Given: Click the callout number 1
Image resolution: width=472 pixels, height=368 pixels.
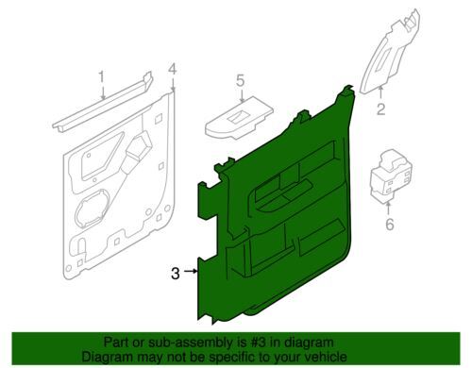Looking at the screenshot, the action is [x=101, y=77].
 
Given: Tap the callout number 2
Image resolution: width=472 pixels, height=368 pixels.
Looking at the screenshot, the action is [x=380, y=109].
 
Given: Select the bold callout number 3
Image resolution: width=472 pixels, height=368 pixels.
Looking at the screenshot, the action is [x=176, y=274].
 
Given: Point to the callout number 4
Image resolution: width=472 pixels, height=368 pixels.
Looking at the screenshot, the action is [x=173, y=70].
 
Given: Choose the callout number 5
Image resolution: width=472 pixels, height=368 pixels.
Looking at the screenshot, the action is [x=240, y=80].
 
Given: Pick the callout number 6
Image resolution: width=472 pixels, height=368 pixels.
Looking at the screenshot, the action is [x=390, y=225].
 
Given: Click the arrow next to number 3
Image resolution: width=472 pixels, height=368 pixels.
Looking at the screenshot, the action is [x=191, y=271].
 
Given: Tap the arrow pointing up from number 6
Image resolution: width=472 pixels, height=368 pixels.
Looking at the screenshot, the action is [x=388, y=209].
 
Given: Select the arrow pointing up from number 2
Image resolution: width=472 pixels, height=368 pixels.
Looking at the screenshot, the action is [x=380, y=93].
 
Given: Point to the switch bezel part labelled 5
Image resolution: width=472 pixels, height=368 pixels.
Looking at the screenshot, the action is [x=239, y=119].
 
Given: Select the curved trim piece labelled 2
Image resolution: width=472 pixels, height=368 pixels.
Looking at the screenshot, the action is [x=389, y=52].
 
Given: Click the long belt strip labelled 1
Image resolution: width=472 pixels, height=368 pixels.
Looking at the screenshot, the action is [x=102, y=102].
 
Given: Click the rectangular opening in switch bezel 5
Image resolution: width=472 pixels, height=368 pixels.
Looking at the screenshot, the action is [x=240, y=117].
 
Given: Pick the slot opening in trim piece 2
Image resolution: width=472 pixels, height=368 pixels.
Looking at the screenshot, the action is [x=382, y=60].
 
